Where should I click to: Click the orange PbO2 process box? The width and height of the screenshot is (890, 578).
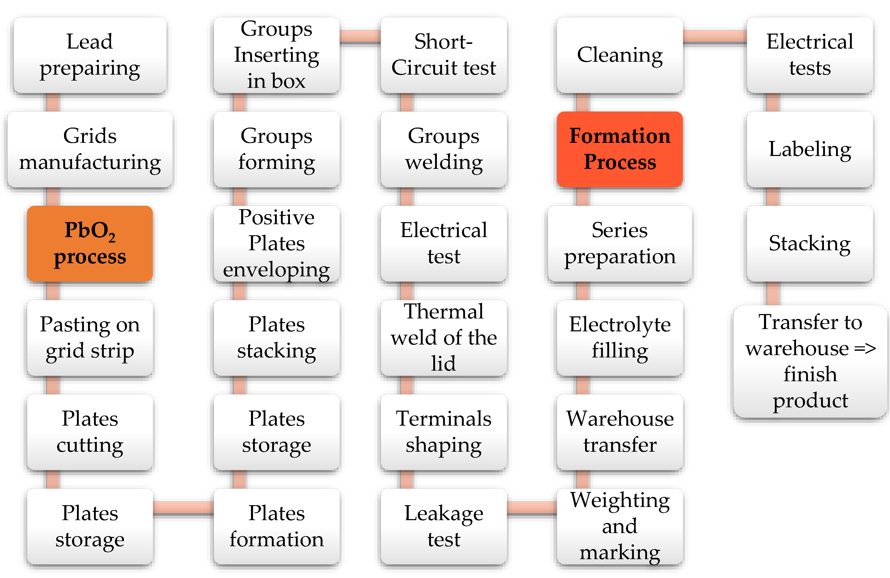(90, 243)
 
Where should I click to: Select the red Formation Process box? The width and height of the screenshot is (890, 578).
(620, 149)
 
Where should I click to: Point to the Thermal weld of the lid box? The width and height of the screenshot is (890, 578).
(444, 338)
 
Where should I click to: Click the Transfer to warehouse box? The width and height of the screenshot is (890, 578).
(810, 361)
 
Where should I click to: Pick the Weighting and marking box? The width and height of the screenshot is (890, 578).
(620, 526)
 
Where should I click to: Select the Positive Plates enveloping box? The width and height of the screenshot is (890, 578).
(276, 243)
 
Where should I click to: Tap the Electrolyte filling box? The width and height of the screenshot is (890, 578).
(620, 338)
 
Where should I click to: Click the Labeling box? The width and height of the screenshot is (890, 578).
(810, 149)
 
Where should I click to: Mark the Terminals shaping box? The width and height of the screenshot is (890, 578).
(444, 432)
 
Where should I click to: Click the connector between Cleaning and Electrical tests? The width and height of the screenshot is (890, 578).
(715, 37)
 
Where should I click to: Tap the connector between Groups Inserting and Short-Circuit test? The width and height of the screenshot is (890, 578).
(360, 37)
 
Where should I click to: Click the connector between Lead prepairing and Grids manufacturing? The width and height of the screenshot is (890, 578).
(53, 102)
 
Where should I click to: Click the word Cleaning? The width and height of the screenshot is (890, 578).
(620, 55)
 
